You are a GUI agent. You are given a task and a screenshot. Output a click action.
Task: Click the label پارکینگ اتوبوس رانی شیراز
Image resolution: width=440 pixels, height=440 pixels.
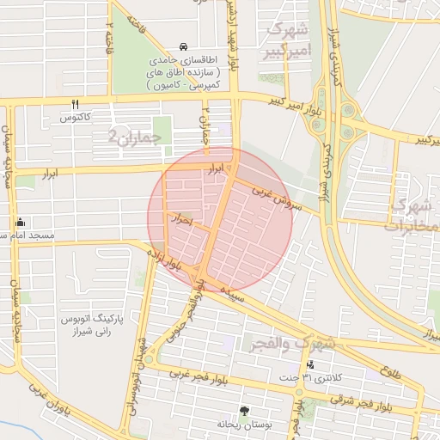[x=95, y=325]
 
